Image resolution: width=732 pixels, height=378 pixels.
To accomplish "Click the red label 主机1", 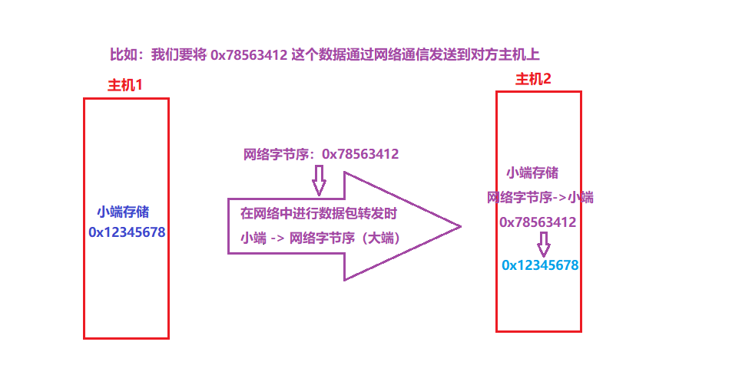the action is (x=125, y=85).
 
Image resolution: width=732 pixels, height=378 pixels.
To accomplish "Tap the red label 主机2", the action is (x=533, y=79).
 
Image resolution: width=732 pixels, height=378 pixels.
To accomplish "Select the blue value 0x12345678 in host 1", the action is (x=127, y=232).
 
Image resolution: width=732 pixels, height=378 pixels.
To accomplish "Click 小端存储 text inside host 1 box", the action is (x=123, y=212).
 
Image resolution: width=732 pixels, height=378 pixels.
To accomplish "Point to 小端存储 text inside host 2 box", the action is (x=532, y=173).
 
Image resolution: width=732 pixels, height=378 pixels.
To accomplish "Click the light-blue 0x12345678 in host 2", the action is (x=539, y=265).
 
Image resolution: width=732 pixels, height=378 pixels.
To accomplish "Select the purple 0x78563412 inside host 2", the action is (x=538, y=222).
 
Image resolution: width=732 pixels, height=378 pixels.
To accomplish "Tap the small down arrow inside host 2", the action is (x=544, y=245).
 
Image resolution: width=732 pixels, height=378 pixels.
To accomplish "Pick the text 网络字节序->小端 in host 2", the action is (x=540, y=197).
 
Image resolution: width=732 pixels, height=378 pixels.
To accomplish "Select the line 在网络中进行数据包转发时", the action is (x=318, y=212).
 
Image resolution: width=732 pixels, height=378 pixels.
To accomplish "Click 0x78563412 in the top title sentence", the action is (x=249, y=54).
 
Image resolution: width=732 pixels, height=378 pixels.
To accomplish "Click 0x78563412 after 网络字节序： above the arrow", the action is (x=360, y=154).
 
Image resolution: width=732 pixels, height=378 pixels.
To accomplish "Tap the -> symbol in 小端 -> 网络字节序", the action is (x=278, y=238).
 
